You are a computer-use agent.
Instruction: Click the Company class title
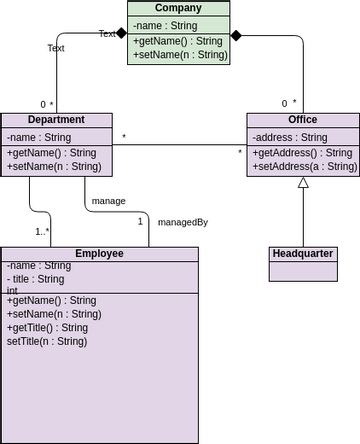[178, 8]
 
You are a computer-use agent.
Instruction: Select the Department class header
[56, 120]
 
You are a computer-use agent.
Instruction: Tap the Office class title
[303, 120]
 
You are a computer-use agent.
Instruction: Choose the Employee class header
[99, 254]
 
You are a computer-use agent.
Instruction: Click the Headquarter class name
[303, 254]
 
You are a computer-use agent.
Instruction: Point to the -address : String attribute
[290, 137]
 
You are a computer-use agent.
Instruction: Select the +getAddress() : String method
[302, 153]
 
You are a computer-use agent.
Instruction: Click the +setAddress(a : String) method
[304, 166]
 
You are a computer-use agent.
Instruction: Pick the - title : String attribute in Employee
[36, 279]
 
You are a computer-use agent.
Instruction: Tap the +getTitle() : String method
[47, 327]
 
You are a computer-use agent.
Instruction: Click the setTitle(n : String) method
[47, 341]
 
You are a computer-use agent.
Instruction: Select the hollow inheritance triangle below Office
[303, 183]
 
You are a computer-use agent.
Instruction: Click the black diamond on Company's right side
[236, 35]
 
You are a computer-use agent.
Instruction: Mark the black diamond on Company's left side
[121, 33]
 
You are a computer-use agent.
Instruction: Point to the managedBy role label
[183, 222]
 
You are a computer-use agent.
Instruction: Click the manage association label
[108, 201]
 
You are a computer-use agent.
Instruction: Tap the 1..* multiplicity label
[43, 232]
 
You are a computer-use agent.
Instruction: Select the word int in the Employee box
[12, 291]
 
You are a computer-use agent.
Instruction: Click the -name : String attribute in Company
[165, 25]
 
